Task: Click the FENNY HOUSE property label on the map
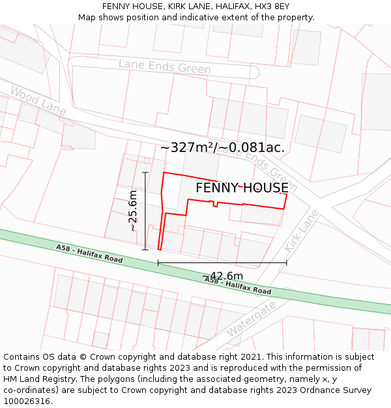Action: pyautogui.click(x=242, y=188)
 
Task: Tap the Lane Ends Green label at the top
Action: pyautogui.click(x=164, y=67)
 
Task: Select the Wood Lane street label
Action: pyautogui.click(x=38, y=102)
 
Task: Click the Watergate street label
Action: pyautogui.click(x=251, y=319)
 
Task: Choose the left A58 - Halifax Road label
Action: pyautogui.click(x=89, y=253)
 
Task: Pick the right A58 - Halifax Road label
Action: pyautogui.click(x=238, y=285)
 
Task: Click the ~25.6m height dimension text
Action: pyautogui.click(x=133, y=210)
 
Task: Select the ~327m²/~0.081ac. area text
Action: pyautogui.click(x=222, y=148)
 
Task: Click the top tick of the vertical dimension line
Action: pyautogui.click(x=145, y=172)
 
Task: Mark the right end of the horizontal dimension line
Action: pyautogui.click(x=287, y=263)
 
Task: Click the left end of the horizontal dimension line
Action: pyautogui.click(x=158, y=263)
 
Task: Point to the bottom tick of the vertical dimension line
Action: pyautogui.click(x=145, y=249)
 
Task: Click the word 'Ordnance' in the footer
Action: pyautogui.click(x=325, y=390)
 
